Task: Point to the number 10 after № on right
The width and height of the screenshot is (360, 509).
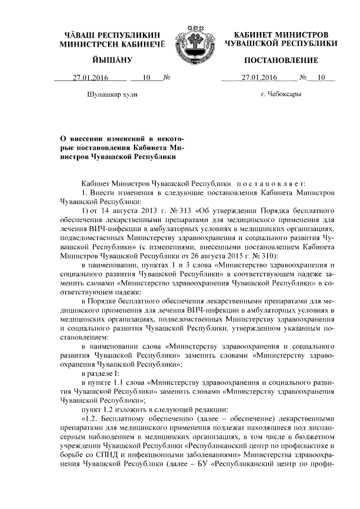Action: [321, 78]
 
